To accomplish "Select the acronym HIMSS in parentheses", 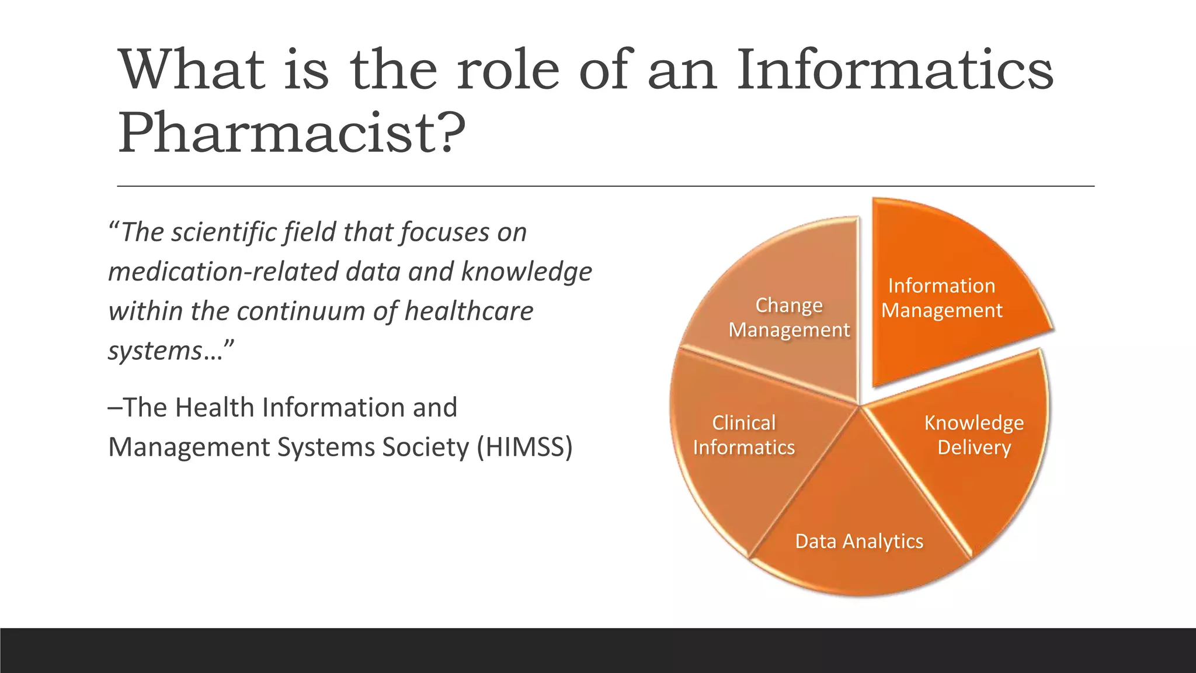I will point(524,447).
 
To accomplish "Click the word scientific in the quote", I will point(222,232).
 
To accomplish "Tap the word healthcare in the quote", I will point(469,311).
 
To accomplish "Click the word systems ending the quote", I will point(155,351).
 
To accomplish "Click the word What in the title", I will point(192,70).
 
